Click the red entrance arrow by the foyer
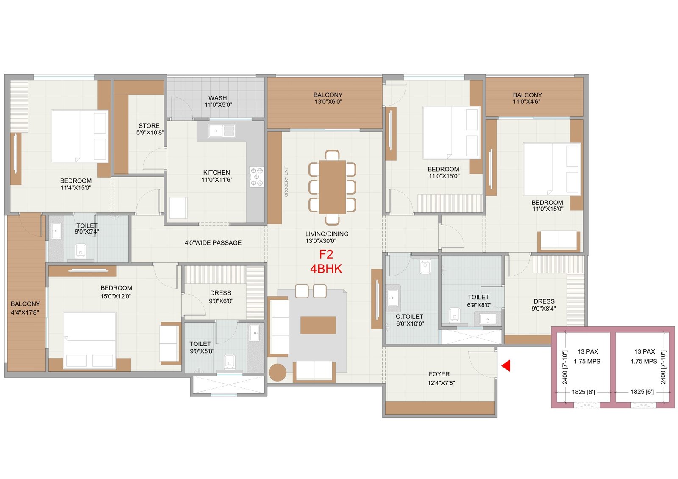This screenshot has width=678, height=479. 506,365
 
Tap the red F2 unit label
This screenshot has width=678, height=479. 326,254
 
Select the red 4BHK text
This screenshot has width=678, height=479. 326,269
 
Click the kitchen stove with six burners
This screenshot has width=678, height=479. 257,176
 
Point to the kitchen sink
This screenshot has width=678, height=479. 222,131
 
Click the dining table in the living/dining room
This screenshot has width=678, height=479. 332,187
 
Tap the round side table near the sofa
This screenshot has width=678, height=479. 277,373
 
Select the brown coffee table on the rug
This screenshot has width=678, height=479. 318,325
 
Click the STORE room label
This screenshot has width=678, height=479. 149,125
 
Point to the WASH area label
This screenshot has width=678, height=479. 218,98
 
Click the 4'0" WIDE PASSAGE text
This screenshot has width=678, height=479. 213,243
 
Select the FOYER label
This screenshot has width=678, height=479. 439,374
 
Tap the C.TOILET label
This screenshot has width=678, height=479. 409,316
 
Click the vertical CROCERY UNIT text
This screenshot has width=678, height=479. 286,181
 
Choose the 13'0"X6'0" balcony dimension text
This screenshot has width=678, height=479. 328,102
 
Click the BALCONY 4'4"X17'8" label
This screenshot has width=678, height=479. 25,308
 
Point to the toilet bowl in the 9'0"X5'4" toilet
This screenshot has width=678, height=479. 81,251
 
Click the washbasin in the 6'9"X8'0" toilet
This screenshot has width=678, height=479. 488,318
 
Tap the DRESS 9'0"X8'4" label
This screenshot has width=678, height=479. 544,305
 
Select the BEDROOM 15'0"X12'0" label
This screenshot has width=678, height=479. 116,292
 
